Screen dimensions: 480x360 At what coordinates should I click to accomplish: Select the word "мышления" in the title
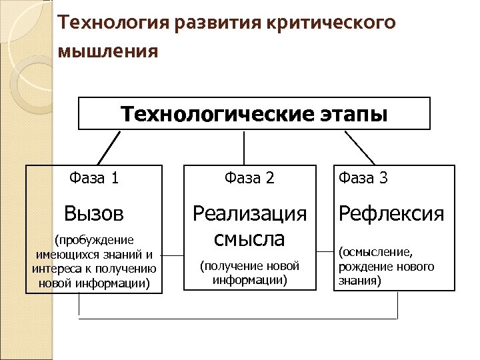point(109,51)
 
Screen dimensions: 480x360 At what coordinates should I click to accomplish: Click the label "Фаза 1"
point(94,178)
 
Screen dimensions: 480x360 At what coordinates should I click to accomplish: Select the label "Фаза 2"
point(250,178)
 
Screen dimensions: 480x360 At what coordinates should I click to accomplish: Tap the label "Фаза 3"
point(363,178)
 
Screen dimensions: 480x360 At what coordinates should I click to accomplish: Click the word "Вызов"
point(94,213)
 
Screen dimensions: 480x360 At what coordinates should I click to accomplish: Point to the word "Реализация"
point(250,213)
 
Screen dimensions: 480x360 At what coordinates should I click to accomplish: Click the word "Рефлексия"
point(391,213)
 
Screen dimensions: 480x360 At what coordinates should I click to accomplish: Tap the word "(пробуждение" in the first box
point(94,239)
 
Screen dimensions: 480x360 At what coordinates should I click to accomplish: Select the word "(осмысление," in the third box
point(376,253)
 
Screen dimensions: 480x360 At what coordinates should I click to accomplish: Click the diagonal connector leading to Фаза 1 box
point(109,147)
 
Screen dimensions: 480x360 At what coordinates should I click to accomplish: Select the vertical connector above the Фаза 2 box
point(245,147)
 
